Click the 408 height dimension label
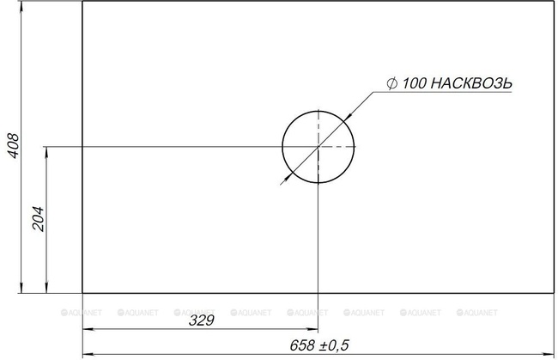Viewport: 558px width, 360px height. click(14, 146)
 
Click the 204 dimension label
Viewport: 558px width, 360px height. click(38, 219)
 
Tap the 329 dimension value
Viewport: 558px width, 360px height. click(202, 320)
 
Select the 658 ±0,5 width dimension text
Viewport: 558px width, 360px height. click(319, 345)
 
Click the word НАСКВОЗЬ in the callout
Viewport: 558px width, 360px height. click(471, 83)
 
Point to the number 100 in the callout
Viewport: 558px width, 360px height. click(415, 83)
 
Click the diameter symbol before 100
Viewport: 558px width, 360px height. click(391, 83)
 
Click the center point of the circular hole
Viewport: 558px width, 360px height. click(318, 147)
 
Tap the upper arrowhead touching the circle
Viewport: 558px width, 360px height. click(348, 117)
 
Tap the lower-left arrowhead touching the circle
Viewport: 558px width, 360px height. click(288, 176)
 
